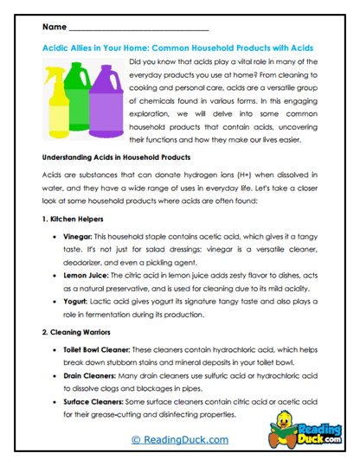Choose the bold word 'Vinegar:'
pos(77,236)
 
